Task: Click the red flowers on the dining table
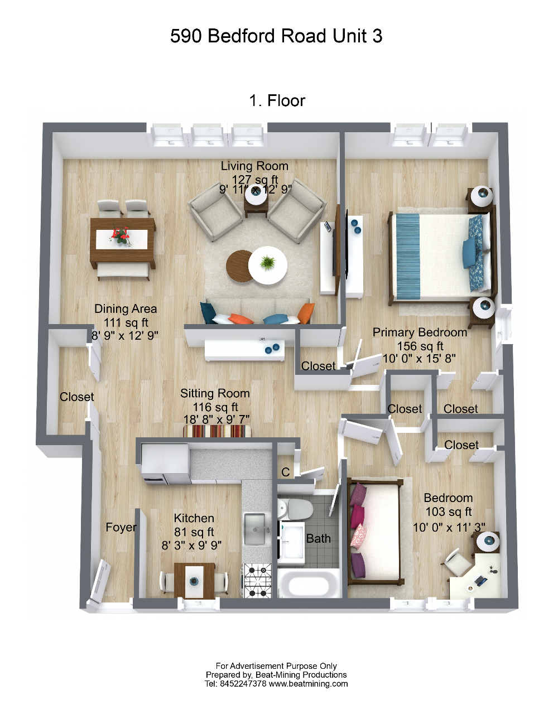click(122, 235)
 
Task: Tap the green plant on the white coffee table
click(268, 262)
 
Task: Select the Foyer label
click(121, 527)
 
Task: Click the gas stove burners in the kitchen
click(258, 580)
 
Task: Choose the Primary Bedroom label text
click(420, 332)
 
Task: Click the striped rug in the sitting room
click(218, 431)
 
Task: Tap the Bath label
click(318, 538)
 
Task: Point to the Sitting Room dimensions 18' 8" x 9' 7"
click(217, 419)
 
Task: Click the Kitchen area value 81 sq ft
click(194, 532)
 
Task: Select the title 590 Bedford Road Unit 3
click(276, 36)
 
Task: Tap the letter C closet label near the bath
click(285, 472)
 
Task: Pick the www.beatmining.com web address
click(308, 684)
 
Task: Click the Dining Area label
click(126, 309)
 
